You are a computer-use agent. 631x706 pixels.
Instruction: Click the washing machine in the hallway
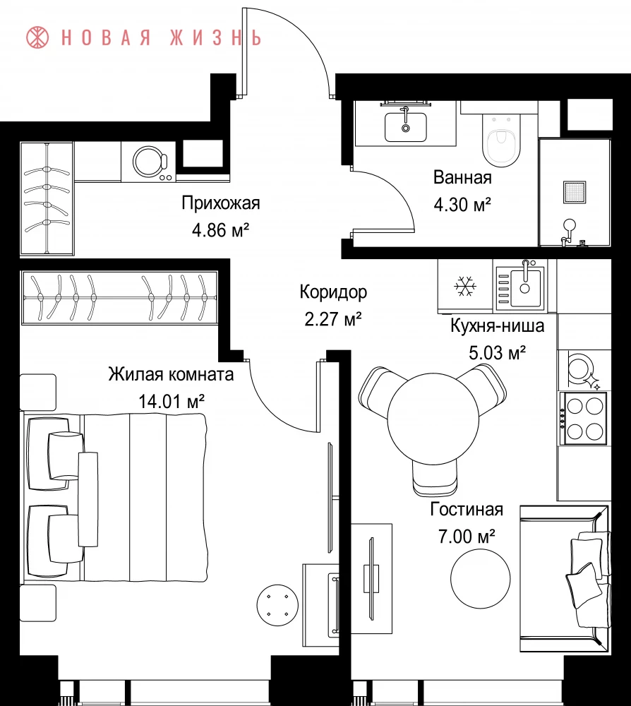click(x=148, y=162)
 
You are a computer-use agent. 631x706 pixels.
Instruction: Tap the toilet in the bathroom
click(x=501, y=140)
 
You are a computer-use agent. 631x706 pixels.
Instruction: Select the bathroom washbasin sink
click(x=406, y=126)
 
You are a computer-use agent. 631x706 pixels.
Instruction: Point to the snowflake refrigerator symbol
click(x=465, y=286)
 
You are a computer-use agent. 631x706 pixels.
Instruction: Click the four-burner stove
click(x=584, y=419)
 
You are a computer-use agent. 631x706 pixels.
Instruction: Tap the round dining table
click(x=433, y=419)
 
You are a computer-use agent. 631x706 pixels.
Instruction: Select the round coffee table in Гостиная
click(x=481, y=579)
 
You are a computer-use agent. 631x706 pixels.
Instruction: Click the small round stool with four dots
click(x=277, y=605)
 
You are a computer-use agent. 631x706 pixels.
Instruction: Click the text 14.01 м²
click(x=172, y=401)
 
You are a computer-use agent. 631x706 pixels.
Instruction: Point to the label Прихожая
click(x=221, y=203)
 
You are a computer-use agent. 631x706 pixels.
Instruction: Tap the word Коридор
click(x=334, y=292)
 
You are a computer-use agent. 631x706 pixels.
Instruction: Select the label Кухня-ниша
click(x=498, y=325)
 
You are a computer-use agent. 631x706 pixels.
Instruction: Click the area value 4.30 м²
click(x=462, y=205)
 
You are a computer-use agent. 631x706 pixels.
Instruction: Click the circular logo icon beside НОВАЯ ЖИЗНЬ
click(x=37, y=37)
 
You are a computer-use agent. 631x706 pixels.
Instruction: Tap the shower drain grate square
click(x=575, y=193)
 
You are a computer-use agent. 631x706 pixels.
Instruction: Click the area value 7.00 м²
click(x=467, y=537)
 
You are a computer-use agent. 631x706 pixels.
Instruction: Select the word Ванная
click(x=462, y=178)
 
